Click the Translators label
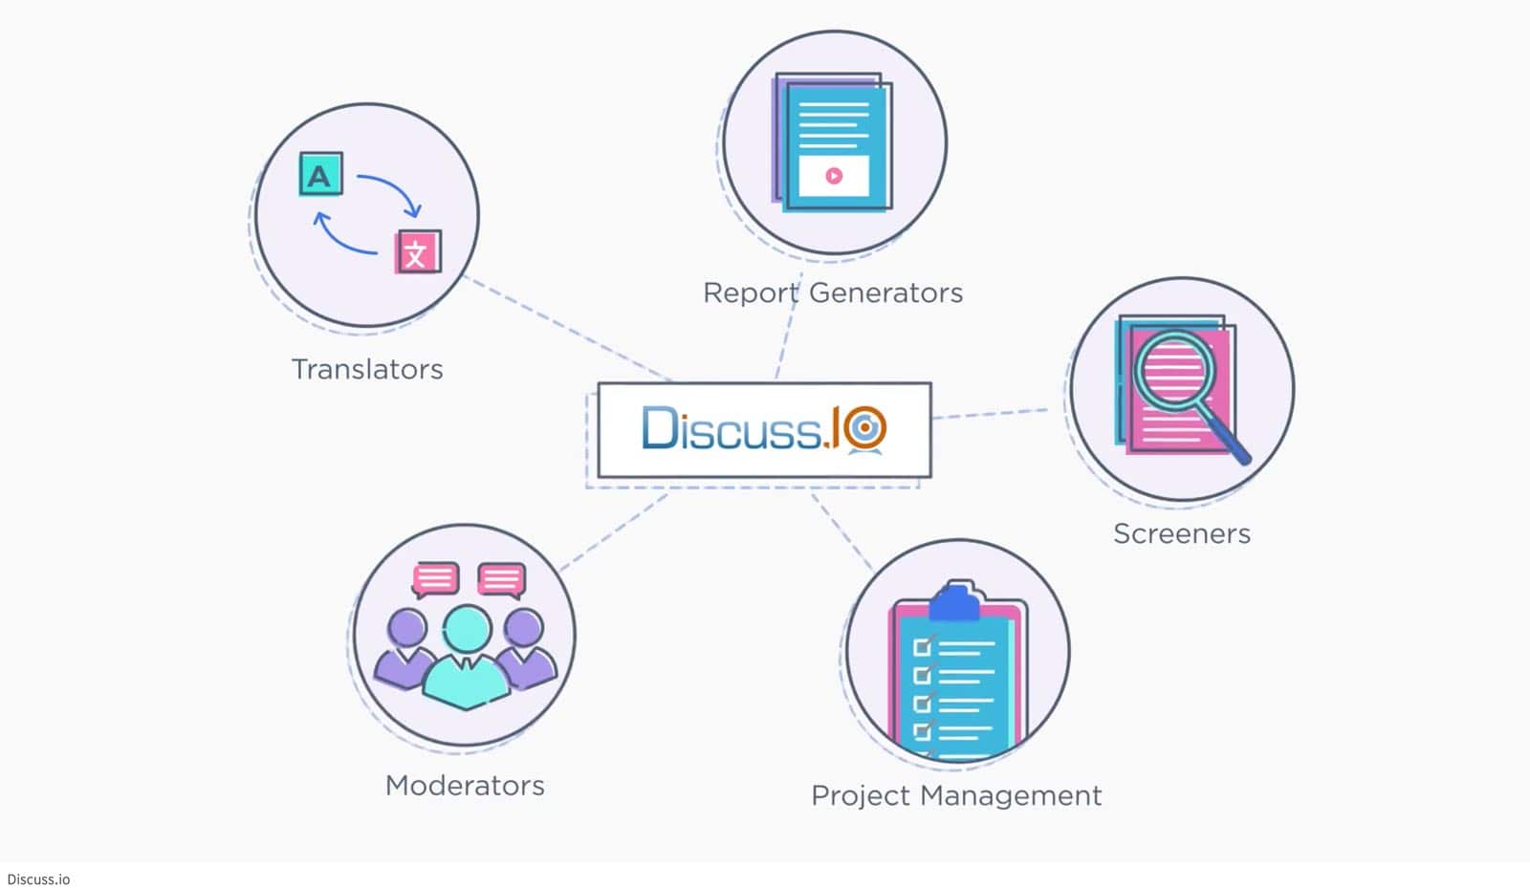pos(367,370)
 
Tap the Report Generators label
pos(832,293)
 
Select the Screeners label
pos(1181,533)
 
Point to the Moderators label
pos(465,786)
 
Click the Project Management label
pos(956,795)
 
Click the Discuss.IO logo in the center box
pos(763,429)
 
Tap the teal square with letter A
pos(320,174)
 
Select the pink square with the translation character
pos(418,252)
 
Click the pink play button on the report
pos(834,176)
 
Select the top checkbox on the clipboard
pos(922,647)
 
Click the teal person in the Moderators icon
pos(466,660)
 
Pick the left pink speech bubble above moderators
pos(435,578)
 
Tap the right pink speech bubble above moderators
pos(501,578)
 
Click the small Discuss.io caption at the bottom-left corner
pos(38,879)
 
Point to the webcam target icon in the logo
pos(865,427)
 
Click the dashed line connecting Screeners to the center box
pos(990,413)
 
